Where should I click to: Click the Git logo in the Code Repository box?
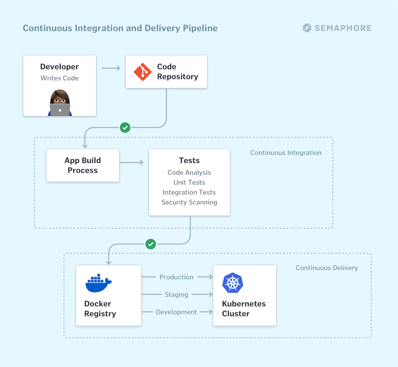click(x=143, y=72)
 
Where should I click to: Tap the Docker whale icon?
click(x=98, y=283)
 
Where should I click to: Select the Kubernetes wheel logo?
click(x=233, y=283)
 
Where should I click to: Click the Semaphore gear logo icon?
click(x=307, y=28)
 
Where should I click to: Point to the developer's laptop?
click(x=60, y=110)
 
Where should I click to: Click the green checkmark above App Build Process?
click(x=125, y=128)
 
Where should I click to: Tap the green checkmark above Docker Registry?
click(x=151, y=244)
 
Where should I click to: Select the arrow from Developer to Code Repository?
click(x=111, y=68)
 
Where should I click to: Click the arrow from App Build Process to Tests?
click(x=132, y=163)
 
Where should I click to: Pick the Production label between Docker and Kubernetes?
click(x=176, y=277)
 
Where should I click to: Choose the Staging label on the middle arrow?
click(x=176, y=294)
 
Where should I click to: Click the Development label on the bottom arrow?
click(x=176, y=312)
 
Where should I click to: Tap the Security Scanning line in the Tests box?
click(x=189, y=202)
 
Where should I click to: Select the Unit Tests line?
click(x=189, y=182)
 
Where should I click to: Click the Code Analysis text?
click(x=189, y=172)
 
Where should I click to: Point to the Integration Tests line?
click(x=189, y=192)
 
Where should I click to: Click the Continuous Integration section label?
click(x=286, y=153)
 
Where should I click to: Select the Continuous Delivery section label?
click(x=327, y=268)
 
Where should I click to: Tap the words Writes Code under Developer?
click(x=60, y=78)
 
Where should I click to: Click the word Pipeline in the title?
click(x=200, y=28)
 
